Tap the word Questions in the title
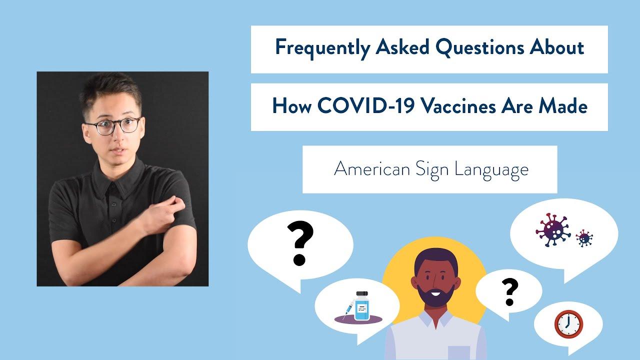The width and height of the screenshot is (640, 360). pos(479,47)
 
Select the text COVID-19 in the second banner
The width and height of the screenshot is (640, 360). pos(365,105)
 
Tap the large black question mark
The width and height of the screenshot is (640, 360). pos(300,243)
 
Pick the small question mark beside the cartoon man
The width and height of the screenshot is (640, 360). pos(509,292)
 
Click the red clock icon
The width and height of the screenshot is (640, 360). pos(568,324)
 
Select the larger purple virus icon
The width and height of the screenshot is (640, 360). pos(553,230)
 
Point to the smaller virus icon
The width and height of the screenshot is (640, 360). pos(584,238)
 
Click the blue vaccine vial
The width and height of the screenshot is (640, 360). pos(362,306)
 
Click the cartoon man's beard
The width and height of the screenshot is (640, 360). pos(435,295)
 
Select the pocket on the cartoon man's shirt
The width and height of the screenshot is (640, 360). pos(459,353)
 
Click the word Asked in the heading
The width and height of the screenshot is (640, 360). pos(402,47)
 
